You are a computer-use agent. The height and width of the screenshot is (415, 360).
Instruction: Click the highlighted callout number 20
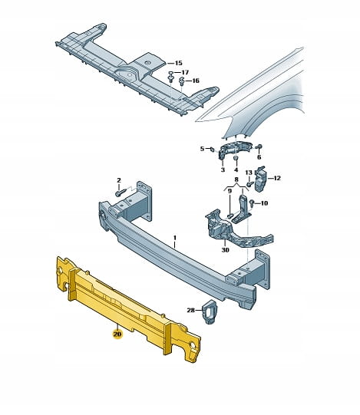click(117, 334)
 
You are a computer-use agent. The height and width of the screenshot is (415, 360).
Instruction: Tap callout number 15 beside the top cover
click(179, 63)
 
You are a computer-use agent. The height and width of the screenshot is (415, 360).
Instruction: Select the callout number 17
click(185, 72)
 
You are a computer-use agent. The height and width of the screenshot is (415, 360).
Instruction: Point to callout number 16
click(195, 81)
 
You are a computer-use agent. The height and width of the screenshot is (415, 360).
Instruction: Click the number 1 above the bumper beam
click(175, 238)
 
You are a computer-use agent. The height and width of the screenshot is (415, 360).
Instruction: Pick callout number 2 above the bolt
click(119, 180)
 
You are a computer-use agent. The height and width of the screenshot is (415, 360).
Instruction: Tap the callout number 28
click(190, 310)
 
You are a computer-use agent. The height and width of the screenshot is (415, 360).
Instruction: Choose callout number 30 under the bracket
click(225, 250)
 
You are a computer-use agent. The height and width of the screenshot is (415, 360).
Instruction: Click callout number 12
click(277, 178)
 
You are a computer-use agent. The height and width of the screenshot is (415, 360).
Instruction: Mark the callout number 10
click(264, 203)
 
